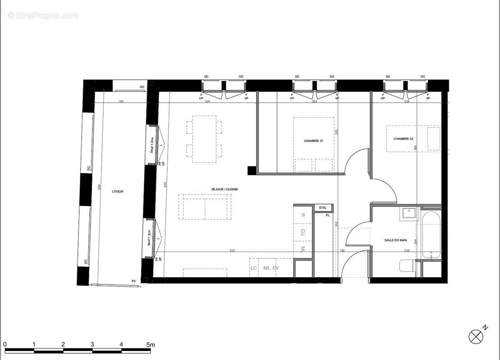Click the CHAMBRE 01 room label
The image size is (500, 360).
coord(313,141)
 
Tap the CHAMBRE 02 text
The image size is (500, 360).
coord(403,139)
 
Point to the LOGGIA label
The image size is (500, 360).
coord(118,191)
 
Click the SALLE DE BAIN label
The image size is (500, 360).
coord(395,240)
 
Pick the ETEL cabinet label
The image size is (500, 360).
coord(323,207)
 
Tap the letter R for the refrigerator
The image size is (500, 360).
coord(303,215)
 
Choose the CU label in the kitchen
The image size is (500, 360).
coord(303,232)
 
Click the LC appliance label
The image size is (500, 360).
coord(254,268)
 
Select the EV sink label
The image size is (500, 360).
coord(276,268)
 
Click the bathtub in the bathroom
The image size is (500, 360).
coord(431,235)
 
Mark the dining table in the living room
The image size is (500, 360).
coord(204,139)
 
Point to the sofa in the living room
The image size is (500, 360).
coord(205,207)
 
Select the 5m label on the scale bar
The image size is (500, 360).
coord(150,345)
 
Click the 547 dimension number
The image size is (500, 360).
coord(232,250)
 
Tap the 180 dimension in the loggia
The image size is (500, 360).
coord(121,102)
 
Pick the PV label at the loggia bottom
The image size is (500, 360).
coord(133,281)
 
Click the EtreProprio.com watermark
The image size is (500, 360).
coord(43,16)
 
